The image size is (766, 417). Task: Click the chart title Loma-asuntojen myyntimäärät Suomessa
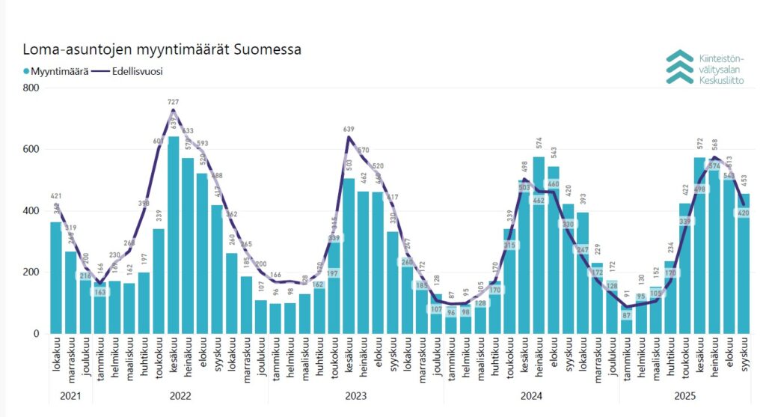click(x=162, y=51)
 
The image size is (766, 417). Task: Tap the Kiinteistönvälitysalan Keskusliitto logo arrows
click(x=679, y=67)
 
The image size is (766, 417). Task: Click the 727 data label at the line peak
click(x=173, y=102)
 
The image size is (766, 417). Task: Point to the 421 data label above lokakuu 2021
click(x=55, y=197)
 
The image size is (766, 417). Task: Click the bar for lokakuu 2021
click(x=55, y=277)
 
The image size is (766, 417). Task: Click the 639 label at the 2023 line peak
click(x=349, y=129)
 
